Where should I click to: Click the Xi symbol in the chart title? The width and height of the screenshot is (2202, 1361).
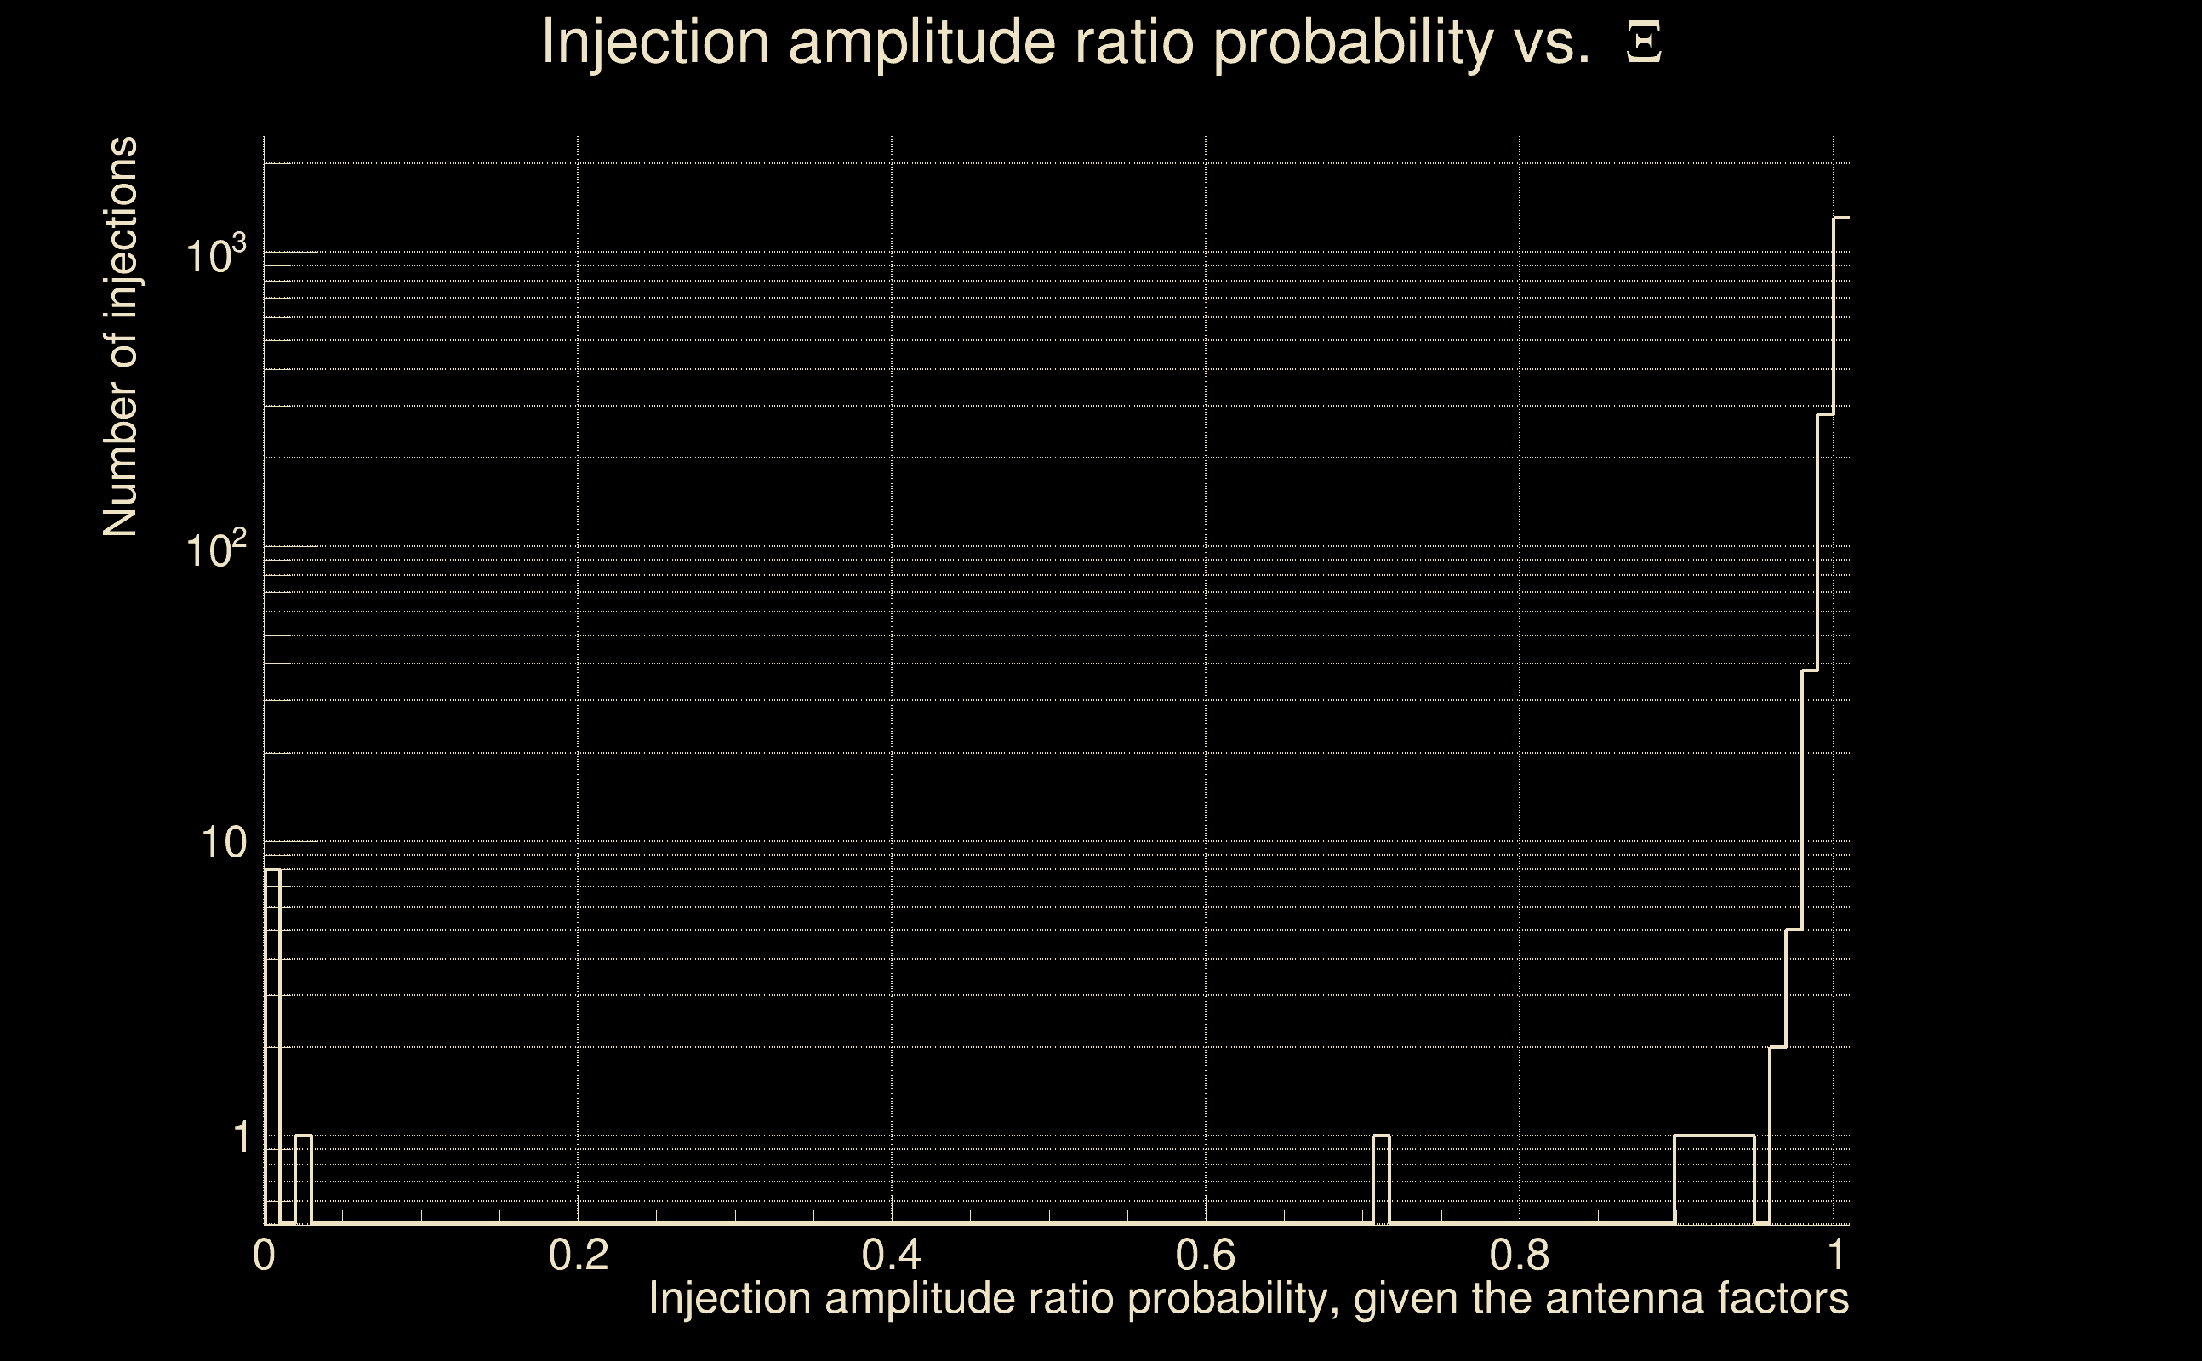1643,43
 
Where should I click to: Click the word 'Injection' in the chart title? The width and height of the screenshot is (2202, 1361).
655,43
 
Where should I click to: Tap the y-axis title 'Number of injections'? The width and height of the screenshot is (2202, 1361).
121,337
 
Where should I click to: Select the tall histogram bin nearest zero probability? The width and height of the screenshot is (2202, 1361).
272,1045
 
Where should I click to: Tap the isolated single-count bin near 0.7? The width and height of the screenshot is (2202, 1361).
1381,1179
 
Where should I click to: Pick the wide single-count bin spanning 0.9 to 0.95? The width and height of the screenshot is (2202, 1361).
1714,1179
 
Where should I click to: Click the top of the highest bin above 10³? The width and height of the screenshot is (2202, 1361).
1842,218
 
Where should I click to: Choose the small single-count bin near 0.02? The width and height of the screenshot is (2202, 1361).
304,1179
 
